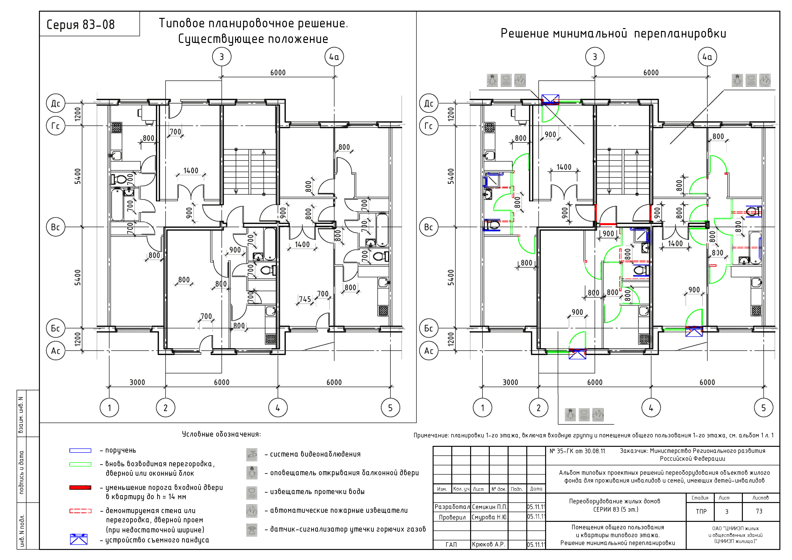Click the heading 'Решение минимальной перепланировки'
(x=613, y=34)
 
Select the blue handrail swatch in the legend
(x=80, y=451)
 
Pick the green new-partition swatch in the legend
(x=80, y=464)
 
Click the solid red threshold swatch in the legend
(x=80, y=488)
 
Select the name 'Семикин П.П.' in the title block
(x=489, y=507)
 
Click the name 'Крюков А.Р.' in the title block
(x=488, y=545)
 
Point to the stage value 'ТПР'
(x=701, y=511)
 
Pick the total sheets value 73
(x=759, y=511)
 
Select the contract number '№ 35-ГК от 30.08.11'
(x=577, y=451)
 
